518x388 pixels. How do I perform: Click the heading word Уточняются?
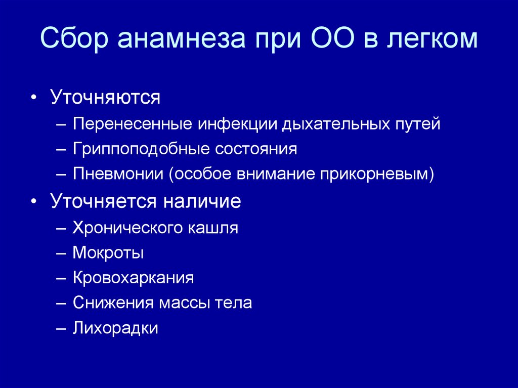105,98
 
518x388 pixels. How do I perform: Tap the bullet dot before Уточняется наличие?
33,202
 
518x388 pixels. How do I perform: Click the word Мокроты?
108,253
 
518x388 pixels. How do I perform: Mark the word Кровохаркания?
134,278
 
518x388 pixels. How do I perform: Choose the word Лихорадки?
116,329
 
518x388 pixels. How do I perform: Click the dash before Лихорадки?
61,329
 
